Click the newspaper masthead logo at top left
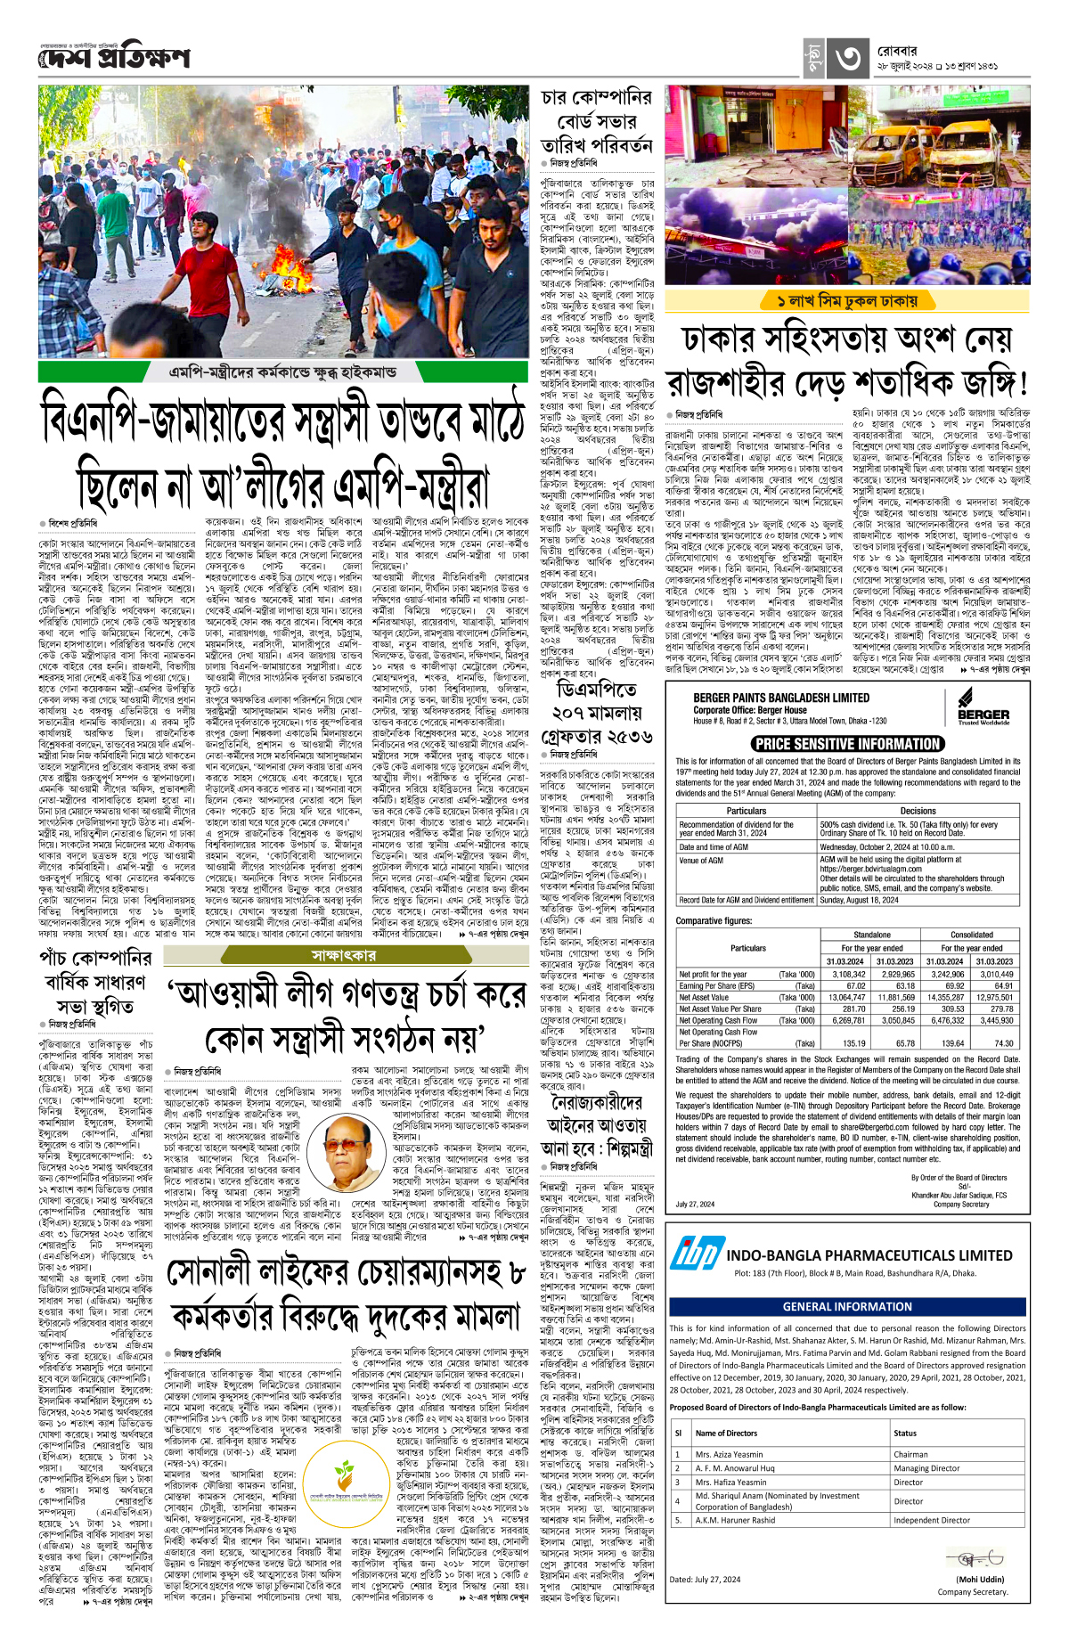coord(114,58)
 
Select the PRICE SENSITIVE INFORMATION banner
coord(847,744)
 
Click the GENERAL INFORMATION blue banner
coord(847,1306)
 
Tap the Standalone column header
coord(871,935)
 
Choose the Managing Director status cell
coord(926,1468)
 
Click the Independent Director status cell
coord(932,1520)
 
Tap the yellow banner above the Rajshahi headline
coord(846,300)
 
